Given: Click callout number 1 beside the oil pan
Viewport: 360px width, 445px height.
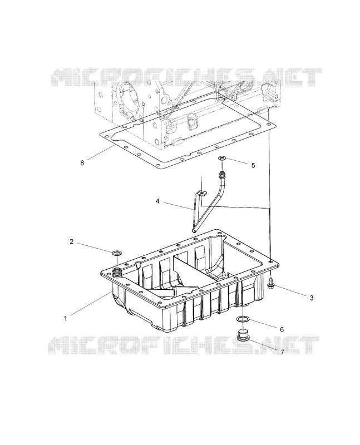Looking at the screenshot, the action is tap(65, 318).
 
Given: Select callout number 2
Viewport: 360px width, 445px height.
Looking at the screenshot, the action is tap(72, 241).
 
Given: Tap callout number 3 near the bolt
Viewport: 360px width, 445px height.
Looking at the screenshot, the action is tap(312, 298).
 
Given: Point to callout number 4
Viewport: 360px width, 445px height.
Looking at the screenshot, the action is tap(157, 201).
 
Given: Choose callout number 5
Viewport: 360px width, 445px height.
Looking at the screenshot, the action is tap(253, 165).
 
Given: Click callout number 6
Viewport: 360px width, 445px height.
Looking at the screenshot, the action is tap(282, 329).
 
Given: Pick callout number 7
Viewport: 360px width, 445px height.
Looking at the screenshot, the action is tap(282, 352).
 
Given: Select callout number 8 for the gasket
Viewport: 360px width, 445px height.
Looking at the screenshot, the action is tap(82, 163).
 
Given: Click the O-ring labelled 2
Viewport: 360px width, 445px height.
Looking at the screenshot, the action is tap(116, 253).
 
